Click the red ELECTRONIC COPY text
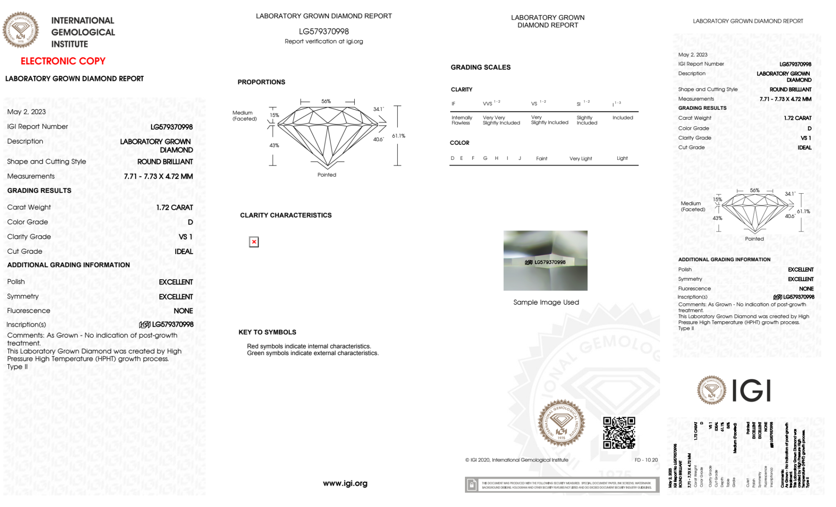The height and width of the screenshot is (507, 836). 63,61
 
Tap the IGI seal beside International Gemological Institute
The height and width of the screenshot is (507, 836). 20,30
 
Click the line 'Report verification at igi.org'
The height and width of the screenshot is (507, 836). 324,41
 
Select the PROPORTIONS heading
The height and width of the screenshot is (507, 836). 261,82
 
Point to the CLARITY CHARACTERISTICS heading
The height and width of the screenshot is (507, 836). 286,215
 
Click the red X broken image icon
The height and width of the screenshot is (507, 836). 254,242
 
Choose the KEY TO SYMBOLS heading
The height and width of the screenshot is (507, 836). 267,332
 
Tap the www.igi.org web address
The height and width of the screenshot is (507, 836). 345,483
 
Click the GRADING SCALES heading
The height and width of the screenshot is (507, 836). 480,67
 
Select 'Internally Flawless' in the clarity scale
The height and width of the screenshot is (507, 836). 462,120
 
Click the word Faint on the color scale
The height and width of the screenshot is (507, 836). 541,159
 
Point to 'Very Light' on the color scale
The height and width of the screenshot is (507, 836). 580,159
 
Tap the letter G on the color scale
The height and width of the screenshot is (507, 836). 485,158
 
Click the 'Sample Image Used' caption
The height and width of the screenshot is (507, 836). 546,302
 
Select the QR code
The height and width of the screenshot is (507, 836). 619,433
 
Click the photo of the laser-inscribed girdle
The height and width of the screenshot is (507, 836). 545,260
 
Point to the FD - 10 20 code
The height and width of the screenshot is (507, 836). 646,460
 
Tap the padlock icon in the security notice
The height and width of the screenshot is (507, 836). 472,485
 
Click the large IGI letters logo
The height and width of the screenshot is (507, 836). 752,391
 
